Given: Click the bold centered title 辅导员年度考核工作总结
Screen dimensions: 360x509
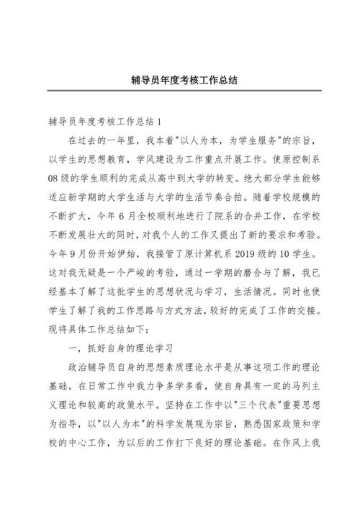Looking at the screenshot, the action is (180, 81).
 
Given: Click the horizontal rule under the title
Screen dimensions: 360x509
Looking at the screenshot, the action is (180, 91).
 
